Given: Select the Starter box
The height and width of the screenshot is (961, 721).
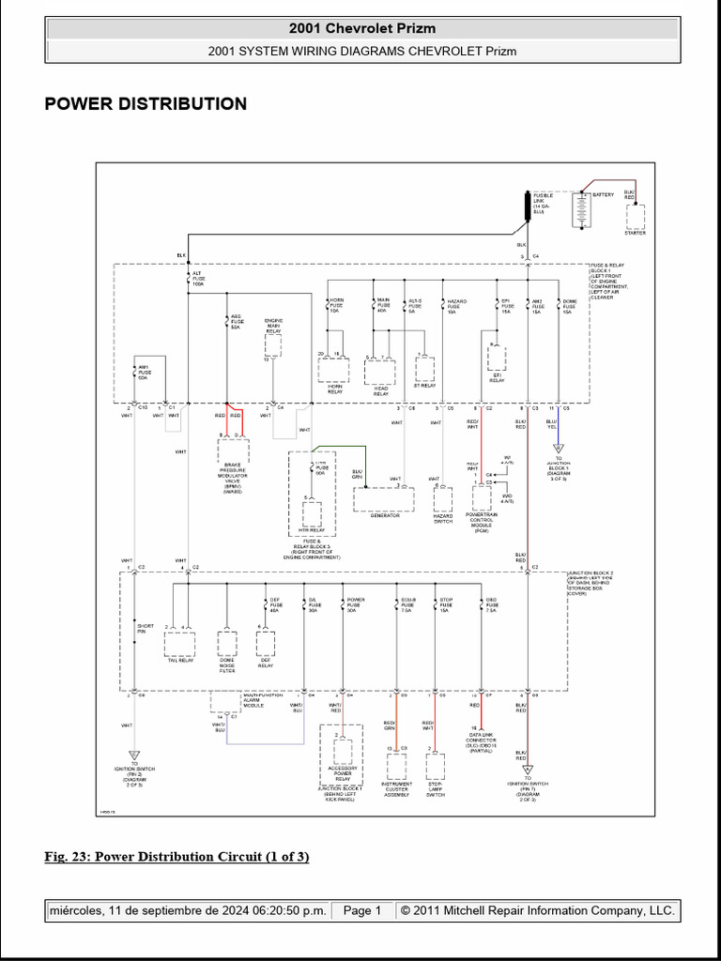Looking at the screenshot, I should coord(636,216).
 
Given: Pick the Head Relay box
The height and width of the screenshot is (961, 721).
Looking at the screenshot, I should coord(380,372).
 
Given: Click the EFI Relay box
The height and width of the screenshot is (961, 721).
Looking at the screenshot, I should coord(497,359).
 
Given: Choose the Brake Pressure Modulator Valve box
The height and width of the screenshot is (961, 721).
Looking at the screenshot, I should coord(232,451).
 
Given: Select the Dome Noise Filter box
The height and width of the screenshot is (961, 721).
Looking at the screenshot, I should coord(227,643).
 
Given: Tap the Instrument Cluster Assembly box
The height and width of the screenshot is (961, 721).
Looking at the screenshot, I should coord(396,765).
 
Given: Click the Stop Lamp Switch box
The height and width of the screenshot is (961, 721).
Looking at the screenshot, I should coord(435,765).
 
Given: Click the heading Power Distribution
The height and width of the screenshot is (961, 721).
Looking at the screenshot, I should coord(146,104).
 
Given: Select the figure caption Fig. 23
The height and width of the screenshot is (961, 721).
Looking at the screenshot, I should coord(176,857).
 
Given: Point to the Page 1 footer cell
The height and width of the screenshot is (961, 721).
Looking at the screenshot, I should coord(361,910).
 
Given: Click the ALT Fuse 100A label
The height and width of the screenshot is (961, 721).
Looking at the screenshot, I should coord(197,278).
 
